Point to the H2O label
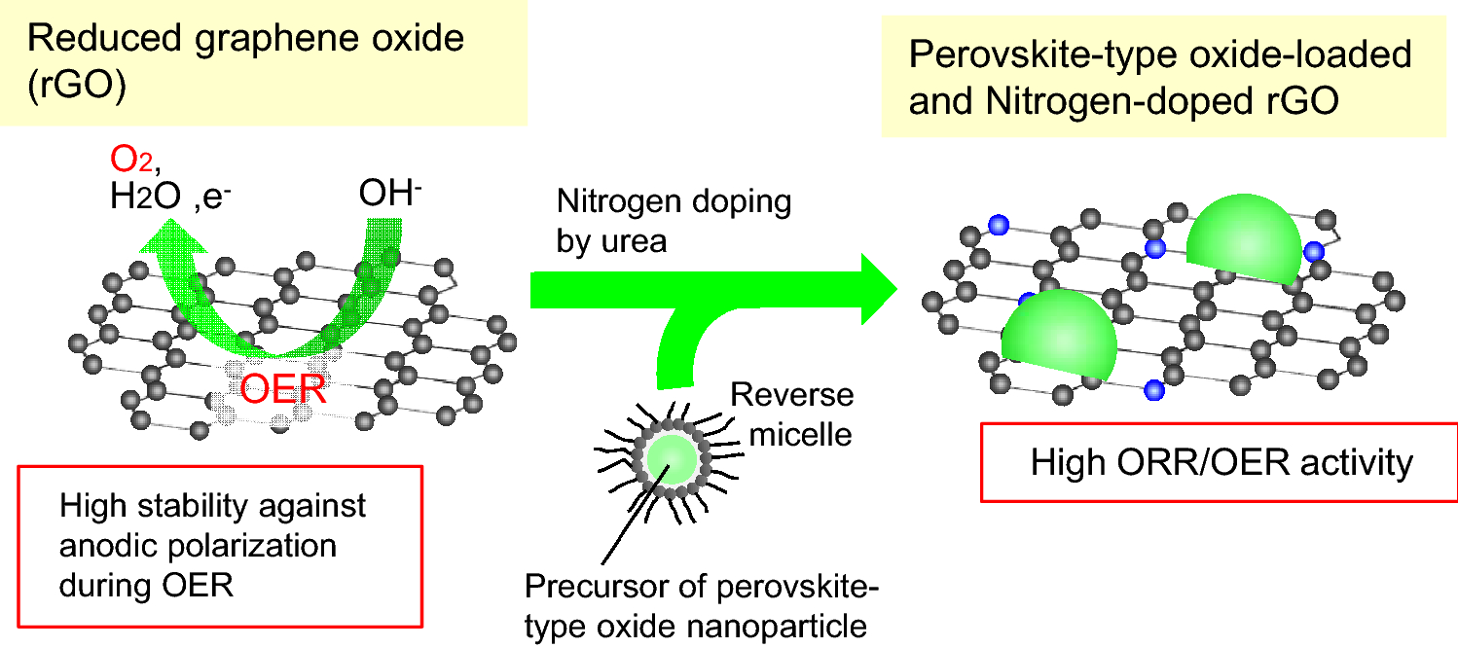145,198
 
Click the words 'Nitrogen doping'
674,202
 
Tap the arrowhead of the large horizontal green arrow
870,288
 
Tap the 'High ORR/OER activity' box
1221,462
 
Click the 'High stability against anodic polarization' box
221,544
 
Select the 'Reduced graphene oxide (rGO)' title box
263,62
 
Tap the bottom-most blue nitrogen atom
1155,390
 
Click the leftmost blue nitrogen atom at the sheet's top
997,226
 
